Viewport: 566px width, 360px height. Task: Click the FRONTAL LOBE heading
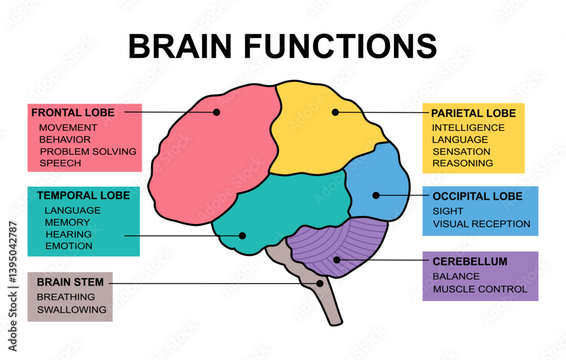[x=72, y=113]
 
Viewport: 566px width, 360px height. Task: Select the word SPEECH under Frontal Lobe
[x=60, y=163]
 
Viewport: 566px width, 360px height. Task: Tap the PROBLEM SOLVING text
[x=88, y=151]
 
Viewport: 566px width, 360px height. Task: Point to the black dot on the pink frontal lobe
[x=216, y=112]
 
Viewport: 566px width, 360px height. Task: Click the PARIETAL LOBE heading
[x=473, y=113]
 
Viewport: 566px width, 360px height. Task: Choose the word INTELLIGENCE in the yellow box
[x=468, y=128]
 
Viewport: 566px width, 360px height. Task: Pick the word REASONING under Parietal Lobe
[x=462, y=163]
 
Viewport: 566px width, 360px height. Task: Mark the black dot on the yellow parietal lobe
[x=335, y=112]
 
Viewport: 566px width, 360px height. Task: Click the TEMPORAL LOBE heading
[x=83, y=195]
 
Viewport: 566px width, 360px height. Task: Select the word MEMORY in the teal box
[x=67, y=222]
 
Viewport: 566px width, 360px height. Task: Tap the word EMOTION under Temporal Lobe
[x=68, y=246]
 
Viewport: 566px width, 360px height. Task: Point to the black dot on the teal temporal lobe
[x=242, y=235]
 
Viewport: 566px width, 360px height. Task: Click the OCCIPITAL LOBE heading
[x=477, y=196]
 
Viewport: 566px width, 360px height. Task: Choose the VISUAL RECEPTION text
[x=481, y=224]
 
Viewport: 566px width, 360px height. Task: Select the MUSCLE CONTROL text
[x=479, y=289]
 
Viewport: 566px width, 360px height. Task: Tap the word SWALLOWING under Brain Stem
[x=71, y=310]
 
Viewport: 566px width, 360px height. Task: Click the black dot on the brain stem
[x=320, y=283]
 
